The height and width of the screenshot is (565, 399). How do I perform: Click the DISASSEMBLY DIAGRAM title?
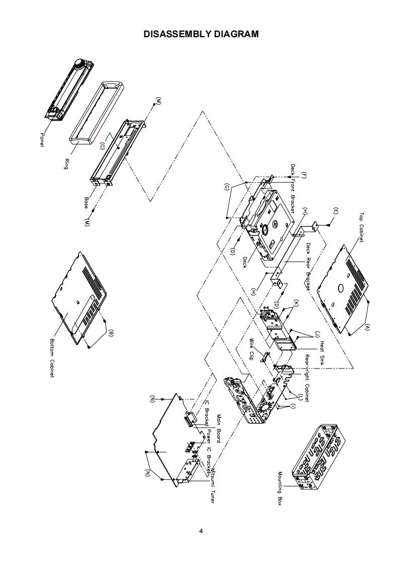(201, 34)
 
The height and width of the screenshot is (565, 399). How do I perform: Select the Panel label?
(42, 140)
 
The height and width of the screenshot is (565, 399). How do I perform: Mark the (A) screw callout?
(367, 326)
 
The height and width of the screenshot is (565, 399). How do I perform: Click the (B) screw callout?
(111, 333)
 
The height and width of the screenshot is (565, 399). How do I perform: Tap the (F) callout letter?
(303, 175)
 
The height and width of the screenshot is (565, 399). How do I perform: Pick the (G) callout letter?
(227, 187)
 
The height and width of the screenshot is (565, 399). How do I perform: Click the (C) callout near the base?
(102, 146)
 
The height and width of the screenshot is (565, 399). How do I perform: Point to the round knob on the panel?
(79, 63)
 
